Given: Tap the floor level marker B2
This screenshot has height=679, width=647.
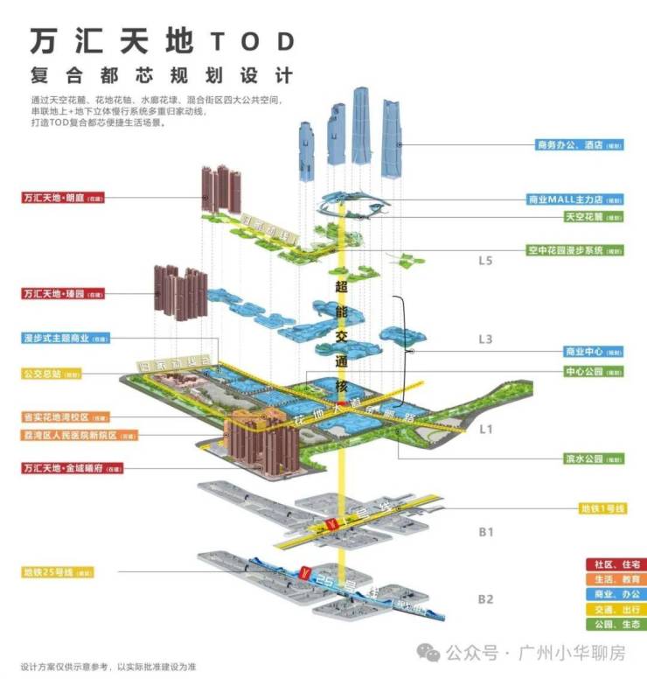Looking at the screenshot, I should pos(486,600).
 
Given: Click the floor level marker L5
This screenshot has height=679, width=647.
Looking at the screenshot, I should pos(486,261).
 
